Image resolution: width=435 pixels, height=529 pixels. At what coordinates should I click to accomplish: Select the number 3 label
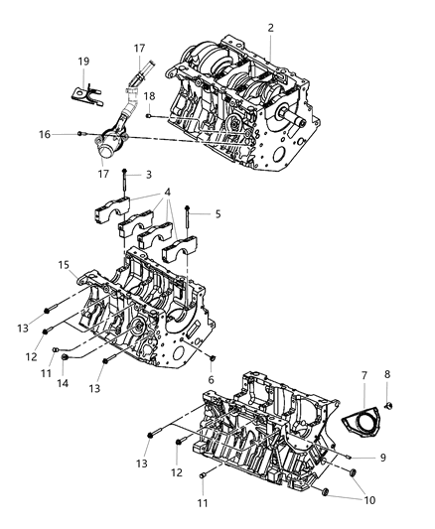(x=149, y=175)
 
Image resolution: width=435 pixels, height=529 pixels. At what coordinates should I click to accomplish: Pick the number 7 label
(x=364, y=376)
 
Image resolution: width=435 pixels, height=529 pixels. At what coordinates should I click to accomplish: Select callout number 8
(x=388, y=375)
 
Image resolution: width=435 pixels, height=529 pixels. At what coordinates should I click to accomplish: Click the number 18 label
(x=150, y=95)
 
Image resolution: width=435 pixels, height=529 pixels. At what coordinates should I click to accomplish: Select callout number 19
(x=84, y=62)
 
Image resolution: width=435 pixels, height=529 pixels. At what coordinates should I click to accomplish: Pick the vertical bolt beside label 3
(x=124, y=182)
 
